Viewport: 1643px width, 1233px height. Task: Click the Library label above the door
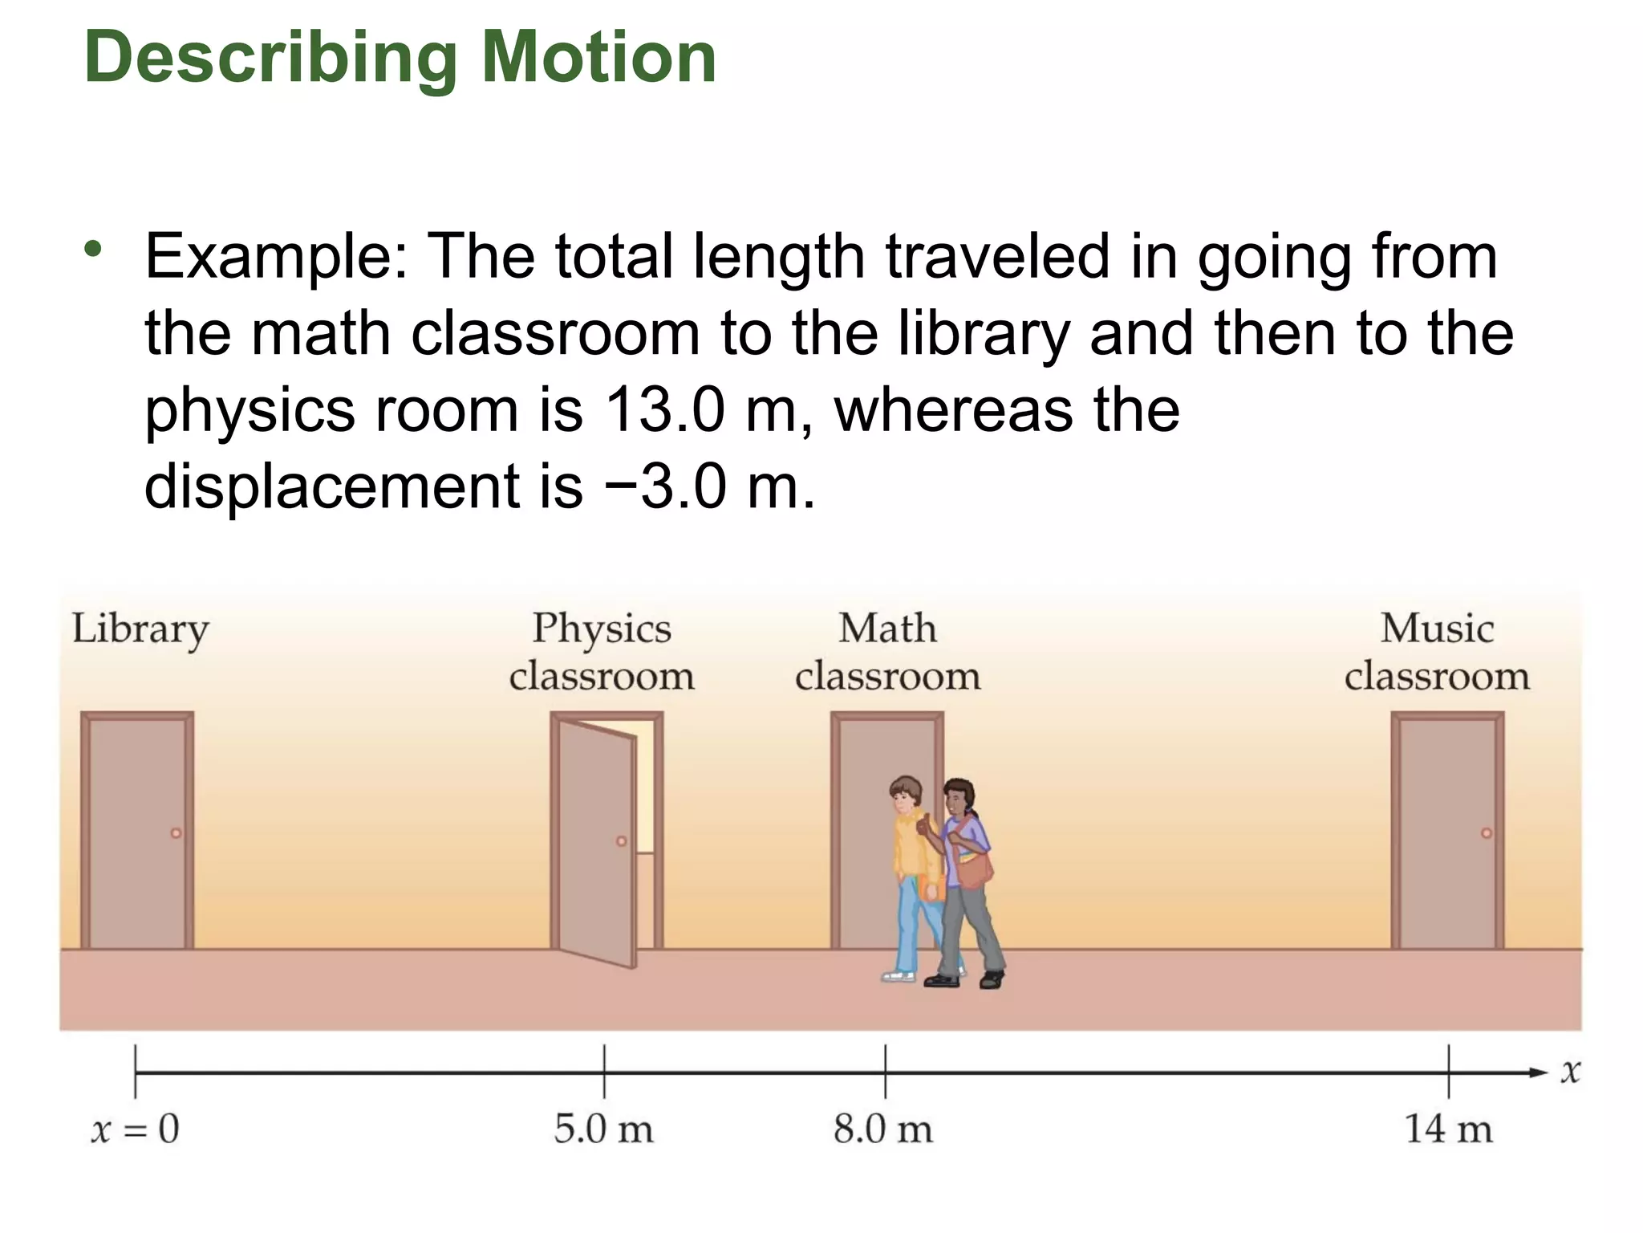pos(140,629)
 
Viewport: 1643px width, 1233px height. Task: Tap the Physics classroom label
pos(602,651)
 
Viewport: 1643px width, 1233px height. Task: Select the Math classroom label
pos(887,651)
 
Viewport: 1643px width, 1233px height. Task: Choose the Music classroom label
pos(1437,651)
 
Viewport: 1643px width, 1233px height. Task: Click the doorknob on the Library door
pos(176,833)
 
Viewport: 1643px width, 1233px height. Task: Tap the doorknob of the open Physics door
pos(621,841)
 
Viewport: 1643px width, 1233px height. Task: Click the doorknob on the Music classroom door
pos(1486,833)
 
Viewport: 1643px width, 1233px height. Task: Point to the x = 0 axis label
pos(135,1129)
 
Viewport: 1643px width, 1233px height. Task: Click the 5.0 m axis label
pos(603,1129)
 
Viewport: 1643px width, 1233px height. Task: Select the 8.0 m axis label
pos(883,1129)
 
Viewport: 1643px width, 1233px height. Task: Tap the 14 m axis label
pos(1448,1129)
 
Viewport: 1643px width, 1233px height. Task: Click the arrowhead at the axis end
pos(1539,1072)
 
